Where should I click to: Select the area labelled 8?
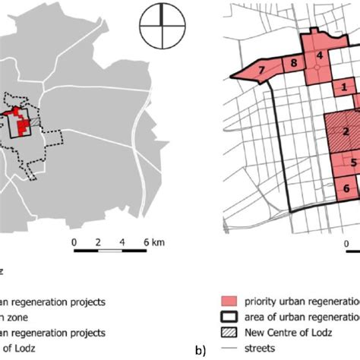[292, 66]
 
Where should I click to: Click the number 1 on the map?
[344, 87]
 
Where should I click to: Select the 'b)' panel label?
[200, 351]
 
